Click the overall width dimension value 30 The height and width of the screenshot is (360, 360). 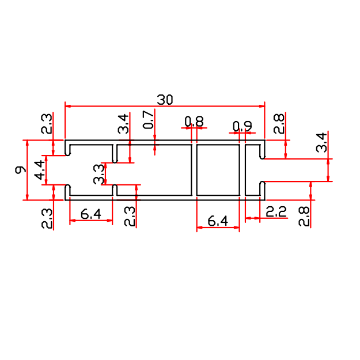[x=165, y=100]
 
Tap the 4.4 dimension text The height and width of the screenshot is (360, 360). [x=39, y=170]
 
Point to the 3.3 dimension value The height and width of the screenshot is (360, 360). [x=98, y=174]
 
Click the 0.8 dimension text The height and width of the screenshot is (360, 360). [x=194, y=121]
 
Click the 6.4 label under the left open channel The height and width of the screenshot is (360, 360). [x=91, y=214]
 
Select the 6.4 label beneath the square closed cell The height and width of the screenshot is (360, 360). [x=218, y=221]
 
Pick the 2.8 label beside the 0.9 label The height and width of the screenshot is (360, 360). [x=279, y=124]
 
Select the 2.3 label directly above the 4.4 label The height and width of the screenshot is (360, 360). [x=47, y=124]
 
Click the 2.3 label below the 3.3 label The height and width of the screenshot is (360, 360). [x=130, y=217]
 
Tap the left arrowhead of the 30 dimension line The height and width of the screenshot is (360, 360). [x=67, y=106]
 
